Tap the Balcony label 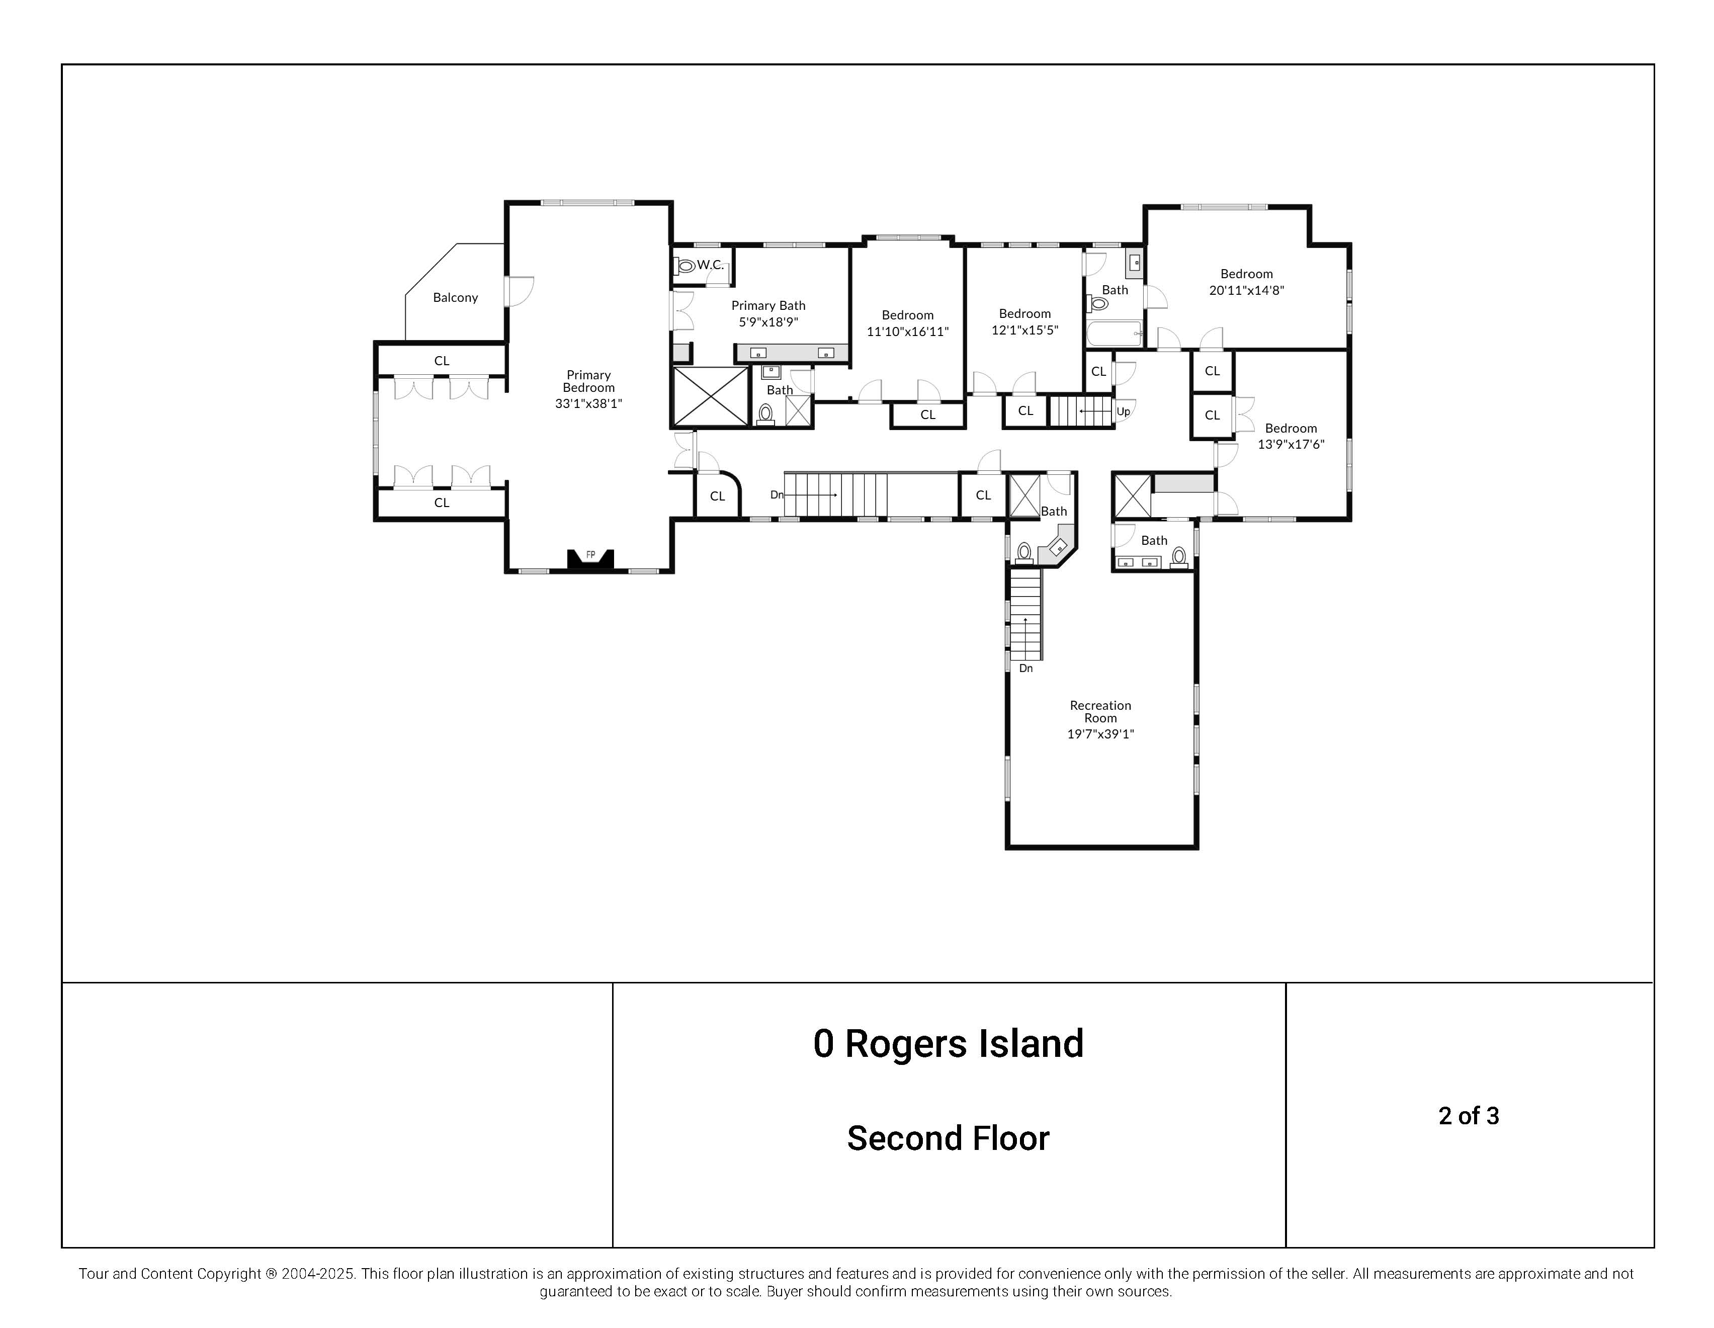[455, 297]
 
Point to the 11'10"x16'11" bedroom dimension [907, 331]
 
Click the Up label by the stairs [1123, 411]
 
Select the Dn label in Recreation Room [1025, 668]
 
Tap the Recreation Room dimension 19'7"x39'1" [1100, 734]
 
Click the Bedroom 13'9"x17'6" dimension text [1291, 444]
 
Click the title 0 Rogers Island [948, 1043]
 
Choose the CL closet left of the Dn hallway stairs [717, 496]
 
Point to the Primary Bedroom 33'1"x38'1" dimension [588, 403]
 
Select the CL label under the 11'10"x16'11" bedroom [927, 414]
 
